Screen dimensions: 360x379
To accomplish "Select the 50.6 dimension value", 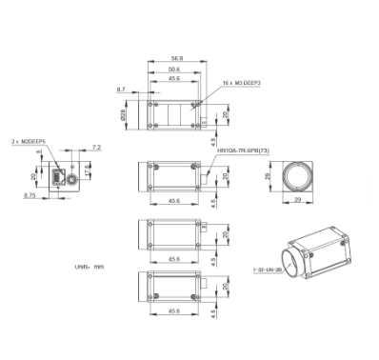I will pos(172,68).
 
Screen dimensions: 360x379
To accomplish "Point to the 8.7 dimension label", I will pos(120,89).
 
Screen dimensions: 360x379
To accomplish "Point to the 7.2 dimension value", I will pos(96,148).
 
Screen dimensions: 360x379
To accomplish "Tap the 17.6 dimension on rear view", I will pos(89,170).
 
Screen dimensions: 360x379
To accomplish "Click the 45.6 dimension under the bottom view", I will pos(172,311).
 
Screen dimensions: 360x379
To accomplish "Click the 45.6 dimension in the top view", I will pos(172,79).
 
